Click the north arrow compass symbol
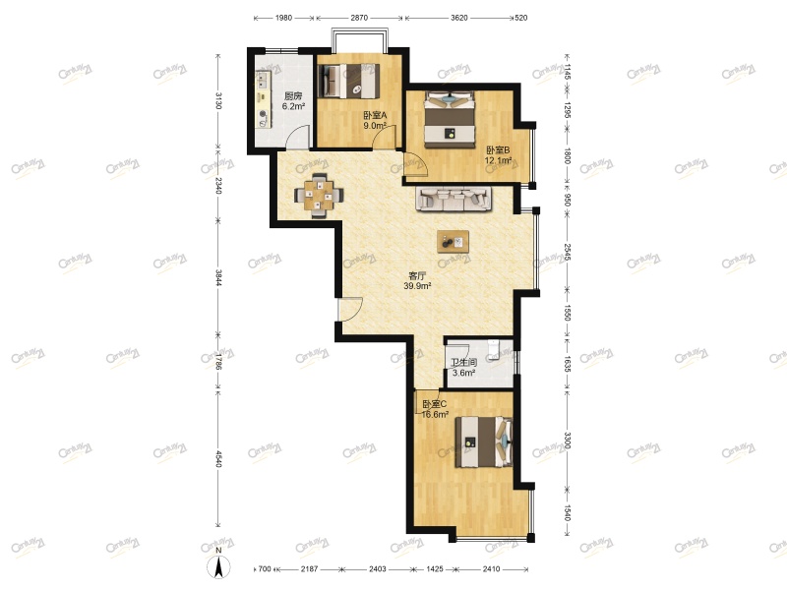pos(220,566)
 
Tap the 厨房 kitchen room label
pos(293,101)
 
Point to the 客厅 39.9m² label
pos(417,280)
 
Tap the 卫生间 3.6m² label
pos(463,368)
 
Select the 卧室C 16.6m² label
pos(435,409)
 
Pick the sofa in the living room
pos(454,200)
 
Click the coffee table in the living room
pos(454,241)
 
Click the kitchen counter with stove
pos(264,98)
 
